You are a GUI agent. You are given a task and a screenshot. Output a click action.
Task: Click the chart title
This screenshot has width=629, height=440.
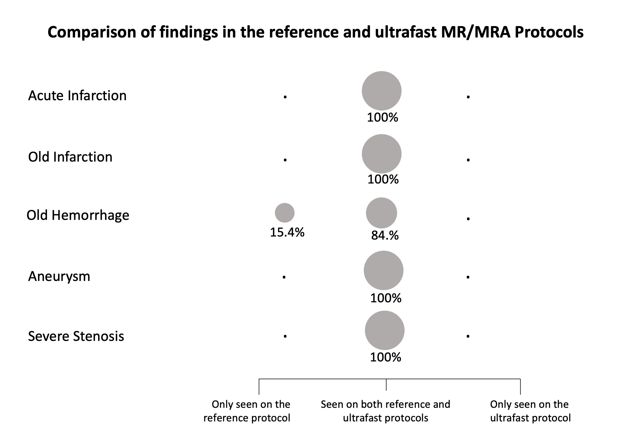[x=315, y=32]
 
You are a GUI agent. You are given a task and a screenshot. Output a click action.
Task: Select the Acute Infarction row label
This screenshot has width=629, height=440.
[x=77, y=95]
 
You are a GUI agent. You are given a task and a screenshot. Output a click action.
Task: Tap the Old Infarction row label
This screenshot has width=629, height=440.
[x=70, y=157]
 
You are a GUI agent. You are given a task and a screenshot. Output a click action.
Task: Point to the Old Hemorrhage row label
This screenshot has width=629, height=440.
[x=78, y=215]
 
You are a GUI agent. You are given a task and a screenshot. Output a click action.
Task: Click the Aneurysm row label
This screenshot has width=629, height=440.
[x=59, y=276]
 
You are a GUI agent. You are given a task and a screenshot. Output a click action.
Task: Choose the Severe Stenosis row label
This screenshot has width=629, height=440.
[x=76, y=336]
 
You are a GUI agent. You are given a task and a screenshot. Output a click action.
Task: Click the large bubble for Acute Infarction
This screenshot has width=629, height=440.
[x=381, y=91]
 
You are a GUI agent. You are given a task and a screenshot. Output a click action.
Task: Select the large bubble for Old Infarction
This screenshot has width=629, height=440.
[x=381, y=154]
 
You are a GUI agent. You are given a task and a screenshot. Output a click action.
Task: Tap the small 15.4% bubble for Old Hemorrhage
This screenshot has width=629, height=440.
[x=284, y=213]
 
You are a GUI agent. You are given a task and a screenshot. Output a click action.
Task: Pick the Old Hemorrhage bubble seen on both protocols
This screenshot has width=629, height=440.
[x=381, y=213]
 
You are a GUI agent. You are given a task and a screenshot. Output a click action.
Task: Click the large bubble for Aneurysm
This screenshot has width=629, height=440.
[x=383, y=270]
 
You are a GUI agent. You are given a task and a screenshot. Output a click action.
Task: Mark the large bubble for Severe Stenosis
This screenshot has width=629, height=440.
[x=385, y=330]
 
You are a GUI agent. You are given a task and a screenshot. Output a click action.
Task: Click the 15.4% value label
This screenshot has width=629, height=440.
[x=287, y=232]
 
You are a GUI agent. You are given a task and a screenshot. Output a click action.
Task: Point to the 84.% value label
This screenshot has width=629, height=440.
[x=385, y=235]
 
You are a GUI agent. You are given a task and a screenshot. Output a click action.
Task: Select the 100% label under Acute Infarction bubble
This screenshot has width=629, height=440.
[x=383, y=117]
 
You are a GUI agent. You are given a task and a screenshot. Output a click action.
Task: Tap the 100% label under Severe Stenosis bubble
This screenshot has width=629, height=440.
[x=386, y=357]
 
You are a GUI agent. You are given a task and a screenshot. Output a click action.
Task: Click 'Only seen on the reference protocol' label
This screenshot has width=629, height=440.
[x=247, y=411]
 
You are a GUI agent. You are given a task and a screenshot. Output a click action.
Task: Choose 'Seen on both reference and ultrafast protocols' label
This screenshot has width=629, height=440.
[x=386, y=411]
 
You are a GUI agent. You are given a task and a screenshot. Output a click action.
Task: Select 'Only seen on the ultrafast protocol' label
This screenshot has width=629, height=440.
[x=530, y=411]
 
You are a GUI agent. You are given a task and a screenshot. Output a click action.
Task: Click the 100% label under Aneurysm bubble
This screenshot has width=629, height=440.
[x=386, y=298]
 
